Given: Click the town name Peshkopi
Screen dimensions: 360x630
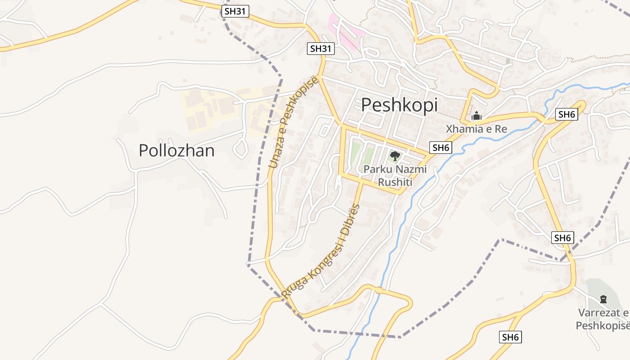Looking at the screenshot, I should click(399, 105).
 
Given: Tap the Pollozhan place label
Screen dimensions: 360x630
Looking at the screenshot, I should click(176, 150).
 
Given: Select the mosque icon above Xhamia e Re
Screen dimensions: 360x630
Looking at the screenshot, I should click(476, 116).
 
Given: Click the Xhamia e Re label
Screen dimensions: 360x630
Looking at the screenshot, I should click(476, 129).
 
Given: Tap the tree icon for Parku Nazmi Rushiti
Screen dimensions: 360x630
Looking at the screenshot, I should click(395, 156).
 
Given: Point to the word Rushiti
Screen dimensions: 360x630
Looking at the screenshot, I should click(395, 182).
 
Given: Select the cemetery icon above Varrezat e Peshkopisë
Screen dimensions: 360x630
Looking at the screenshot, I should click(603, 299).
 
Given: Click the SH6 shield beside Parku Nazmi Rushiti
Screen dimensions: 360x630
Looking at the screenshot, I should click(441, 148).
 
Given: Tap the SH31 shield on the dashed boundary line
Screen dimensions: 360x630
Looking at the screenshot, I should click(235, 11).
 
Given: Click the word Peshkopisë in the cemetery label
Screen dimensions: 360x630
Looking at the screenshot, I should click(603, 325).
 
